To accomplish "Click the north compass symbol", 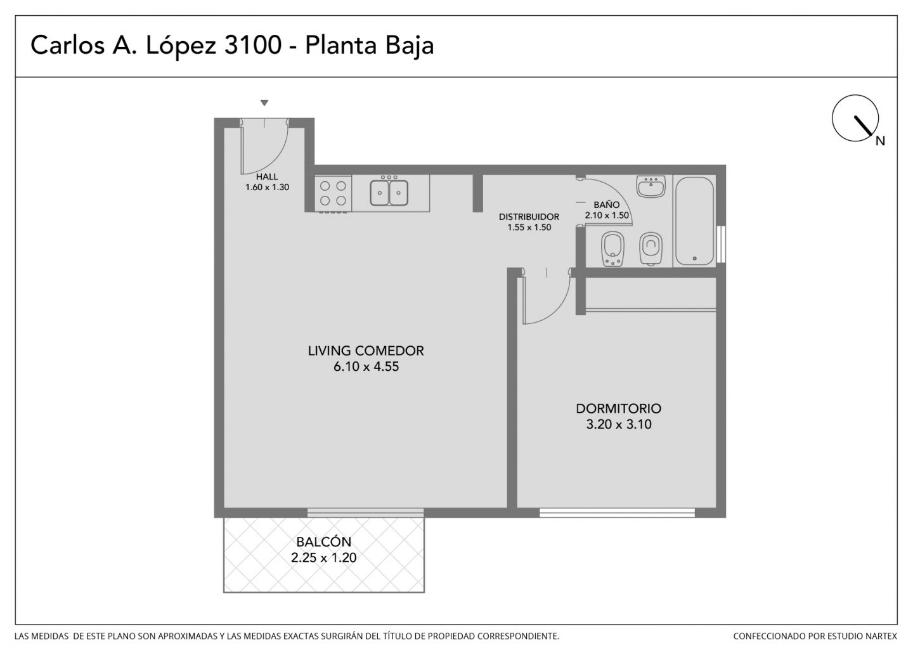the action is coord(855,118).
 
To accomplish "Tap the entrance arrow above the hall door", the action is coord(264,103).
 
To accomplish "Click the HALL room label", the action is coord(267,177).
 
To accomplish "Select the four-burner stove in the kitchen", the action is coord(333,193).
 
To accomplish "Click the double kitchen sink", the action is coord(389,192).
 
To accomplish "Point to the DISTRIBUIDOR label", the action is coord(529,217).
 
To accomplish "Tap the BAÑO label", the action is coord(607,205).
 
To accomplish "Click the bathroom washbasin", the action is coord(651,186).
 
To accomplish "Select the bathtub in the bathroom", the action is coord(694,221).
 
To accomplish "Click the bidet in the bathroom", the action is coord(612,249).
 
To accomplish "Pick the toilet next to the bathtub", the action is coord(651,249).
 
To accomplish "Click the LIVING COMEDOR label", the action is coord(366,351).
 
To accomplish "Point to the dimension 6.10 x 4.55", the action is coord(366,367).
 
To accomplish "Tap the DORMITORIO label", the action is coord(618,408).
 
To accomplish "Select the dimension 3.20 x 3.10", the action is coord(619,424).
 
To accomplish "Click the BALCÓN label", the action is coord(323,541).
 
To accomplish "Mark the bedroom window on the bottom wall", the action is coord(617,513).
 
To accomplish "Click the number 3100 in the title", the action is coord(253,45).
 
